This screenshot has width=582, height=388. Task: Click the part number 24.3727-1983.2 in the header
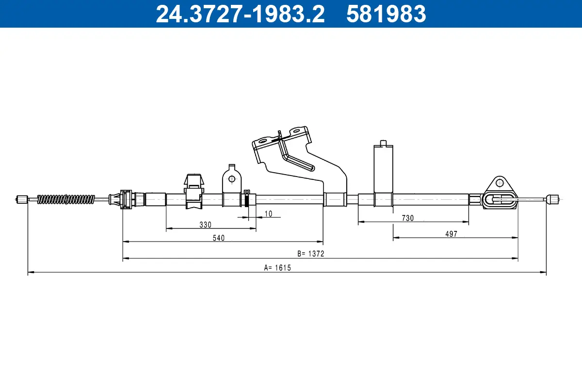240,14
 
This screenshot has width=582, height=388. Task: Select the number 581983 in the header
386,14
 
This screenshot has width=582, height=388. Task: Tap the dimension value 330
205,225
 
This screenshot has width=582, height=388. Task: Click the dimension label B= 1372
310,254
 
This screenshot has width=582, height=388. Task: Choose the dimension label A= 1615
277,267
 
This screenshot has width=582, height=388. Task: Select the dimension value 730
407,218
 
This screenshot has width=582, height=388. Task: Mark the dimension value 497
451,234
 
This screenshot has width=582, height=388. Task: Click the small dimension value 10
268,213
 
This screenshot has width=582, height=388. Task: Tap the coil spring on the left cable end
66,199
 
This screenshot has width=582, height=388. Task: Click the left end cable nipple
22,199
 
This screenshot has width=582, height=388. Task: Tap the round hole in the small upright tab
231,179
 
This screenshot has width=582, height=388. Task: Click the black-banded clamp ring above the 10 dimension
247,199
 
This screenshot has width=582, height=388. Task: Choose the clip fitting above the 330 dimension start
194,192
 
